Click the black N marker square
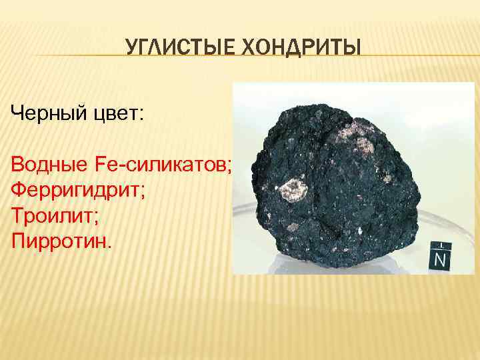439,257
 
